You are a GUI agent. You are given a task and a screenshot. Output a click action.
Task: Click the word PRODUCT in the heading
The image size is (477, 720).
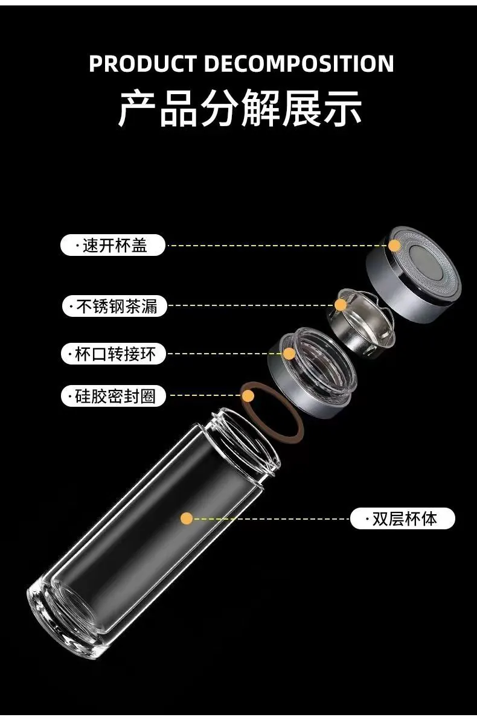click(142, 63)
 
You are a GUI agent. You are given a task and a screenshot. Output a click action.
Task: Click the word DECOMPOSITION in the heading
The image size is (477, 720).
click(299, 63)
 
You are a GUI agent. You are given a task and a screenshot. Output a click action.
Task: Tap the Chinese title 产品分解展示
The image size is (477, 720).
click(240, 108)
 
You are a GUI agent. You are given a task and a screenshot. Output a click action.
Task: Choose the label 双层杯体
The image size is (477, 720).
click(403, 519)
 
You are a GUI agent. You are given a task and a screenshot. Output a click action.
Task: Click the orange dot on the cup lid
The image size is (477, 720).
click(394, 245)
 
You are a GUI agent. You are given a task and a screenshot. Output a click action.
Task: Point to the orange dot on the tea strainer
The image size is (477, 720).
click(341, 305)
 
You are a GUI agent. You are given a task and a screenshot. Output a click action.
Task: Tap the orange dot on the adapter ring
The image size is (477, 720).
click(289, 354)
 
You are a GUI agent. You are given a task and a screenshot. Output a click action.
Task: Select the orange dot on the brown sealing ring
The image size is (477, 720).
click(248, 395)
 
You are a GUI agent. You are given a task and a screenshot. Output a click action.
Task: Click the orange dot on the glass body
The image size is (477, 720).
click(187, 519)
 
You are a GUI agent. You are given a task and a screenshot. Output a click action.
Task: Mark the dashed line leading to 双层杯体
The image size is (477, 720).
click(271, 519)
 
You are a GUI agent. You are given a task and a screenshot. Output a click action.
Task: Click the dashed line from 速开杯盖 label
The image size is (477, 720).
click(277, 245)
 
